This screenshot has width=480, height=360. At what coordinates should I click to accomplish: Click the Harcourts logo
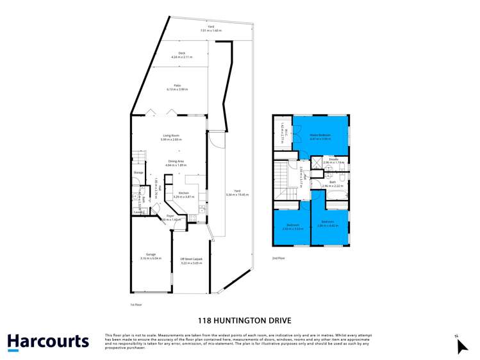[x=48, y=341]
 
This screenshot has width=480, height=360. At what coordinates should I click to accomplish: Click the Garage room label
[x=151, y=256]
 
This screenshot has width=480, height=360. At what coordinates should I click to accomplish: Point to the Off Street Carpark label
[x=191, y=259]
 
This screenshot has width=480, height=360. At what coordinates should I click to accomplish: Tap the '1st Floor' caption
[x=135, y=305]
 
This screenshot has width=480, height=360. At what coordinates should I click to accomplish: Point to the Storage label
[x=138, y=173]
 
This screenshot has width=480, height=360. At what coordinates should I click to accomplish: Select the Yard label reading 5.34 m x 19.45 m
[x=236, y=193]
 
